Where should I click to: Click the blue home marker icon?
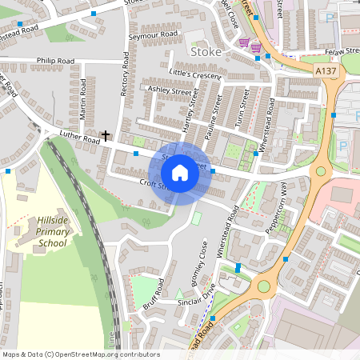(x=180, y=171)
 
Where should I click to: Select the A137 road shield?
(x=326, y=71)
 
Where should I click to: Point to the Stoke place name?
(x=206, y=52)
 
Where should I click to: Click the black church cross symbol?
(x=106, y=136)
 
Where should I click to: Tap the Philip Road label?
(x=55, y=60)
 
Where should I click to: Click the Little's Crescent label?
(x=194, y=74)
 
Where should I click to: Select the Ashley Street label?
(x=170, y=92)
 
